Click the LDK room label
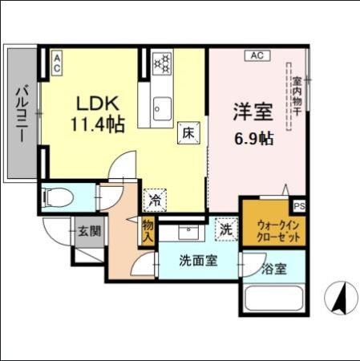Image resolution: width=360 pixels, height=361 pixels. coord(98,103)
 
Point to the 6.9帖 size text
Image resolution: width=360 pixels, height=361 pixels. coord(254,137)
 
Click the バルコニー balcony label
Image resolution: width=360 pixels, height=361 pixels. coord(22,112)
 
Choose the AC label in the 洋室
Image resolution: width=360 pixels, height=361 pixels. coord(257,56)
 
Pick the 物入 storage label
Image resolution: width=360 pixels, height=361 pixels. coord(148,233)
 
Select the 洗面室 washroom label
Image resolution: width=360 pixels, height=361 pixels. coord(196,261)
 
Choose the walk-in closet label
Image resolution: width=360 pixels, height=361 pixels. coord(273,232)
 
